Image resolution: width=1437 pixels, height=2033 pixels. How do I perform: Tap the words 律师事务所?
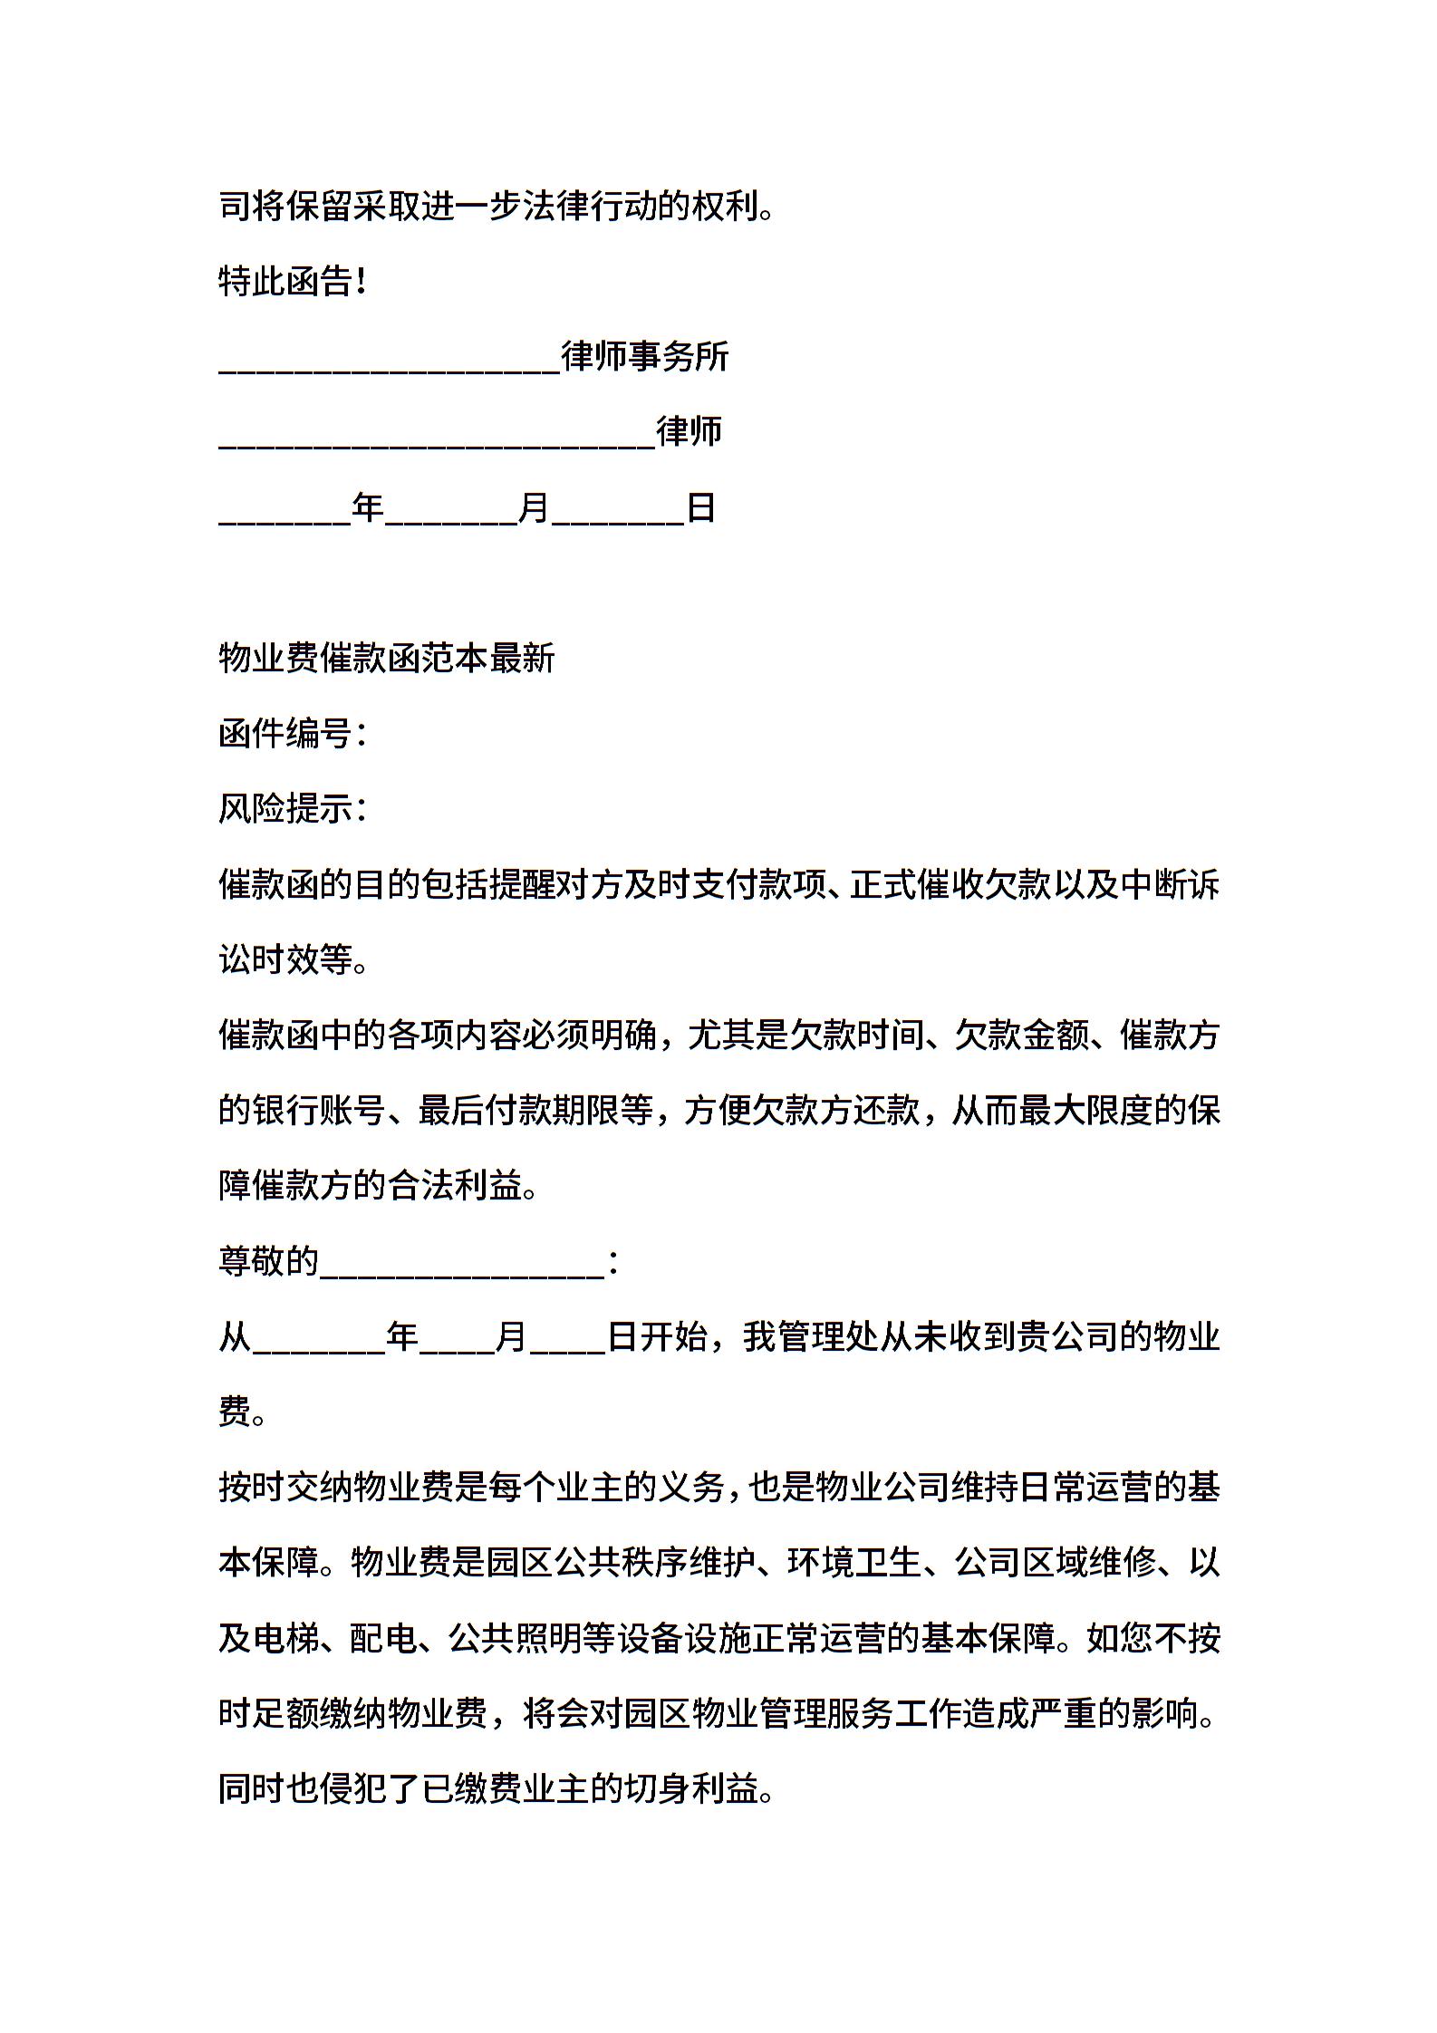click(x=644, y=357)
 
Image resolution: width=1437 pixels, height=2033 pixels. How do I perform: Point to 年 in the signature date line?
click(x=368, y=507)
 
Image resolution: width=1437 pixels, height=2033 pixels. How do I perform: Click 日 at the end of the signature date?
click(x=701, y=507)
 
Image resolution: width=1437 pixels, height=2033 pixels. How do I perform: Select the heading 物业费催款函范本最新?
click(x=386, y=659)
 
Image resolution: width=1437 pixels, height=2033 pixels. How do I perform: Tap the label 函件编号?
click(x=285, y=734)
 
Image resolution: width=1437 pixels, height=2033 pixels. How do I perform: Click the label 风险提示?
click(x=285, y=809)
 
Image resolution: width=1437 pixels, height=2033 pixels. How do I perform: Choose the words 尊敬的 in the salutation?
click(x=268, y=1261)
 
